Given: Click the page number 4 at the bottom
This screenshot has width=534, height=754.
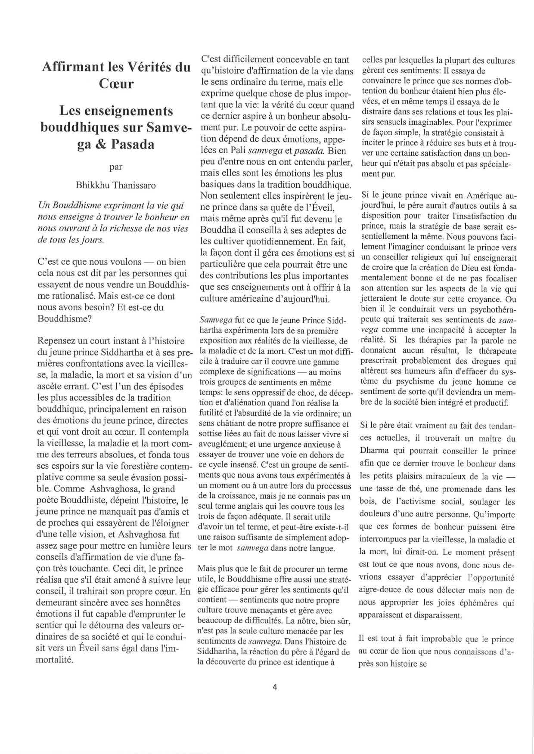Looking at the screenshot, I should (275, 687).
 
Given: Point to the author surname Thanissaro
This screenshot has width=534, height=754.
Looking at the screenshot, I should (134, 185).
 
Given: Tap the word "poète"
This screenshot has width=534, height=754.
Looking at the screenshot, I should (50, 501).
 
